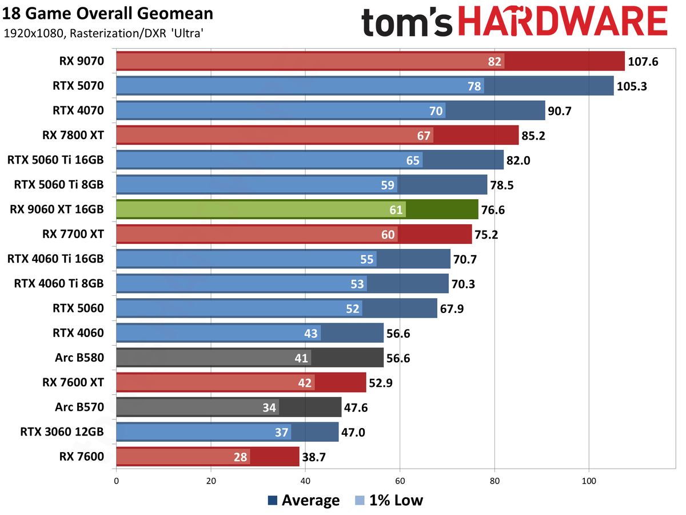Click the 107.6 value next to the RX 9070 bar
643,61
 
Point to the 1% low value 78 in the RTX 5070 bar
474,86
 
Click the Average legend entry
304,500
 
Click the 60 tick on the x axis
400,481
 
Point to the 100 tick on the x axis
589,481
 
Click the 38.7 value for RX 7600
318,457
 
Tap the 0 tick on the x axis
116,481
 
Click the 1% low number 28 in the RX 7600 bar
241,457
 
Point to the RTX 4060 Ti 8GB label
56,284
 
